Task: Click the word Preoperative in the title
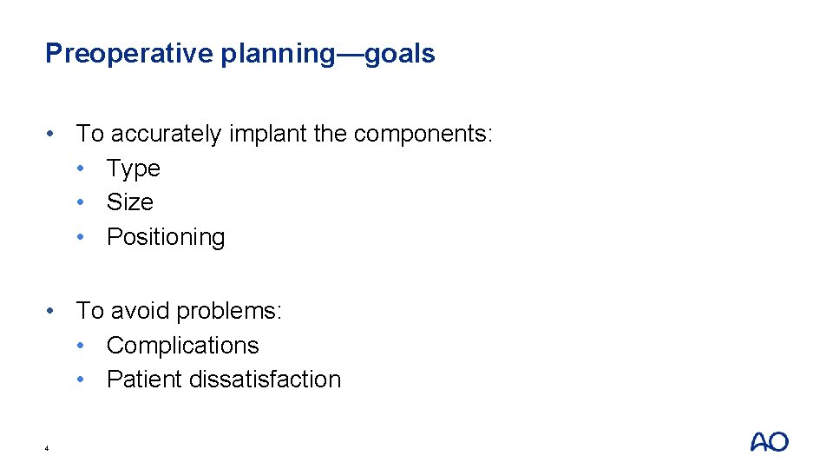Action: pyautogui.click(x=128, y=54)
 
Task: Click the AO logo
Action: pyautogui.click(x=769, y=442)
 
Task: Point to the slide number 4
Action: pyautogui.click(x=47, y=448)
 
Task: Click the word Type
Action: pyautogui.click(x=134, y=168)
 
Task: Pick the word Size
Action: pyautogui.click(x=130, y=202)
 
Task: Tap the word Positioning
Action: pyautogui.click(x=166, y=237)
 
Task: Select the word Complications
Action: pyautogui.click(x=183, y=346)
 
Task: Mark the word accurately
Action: pyautogui.click(x=167, y=135)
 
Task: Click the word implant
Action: pyautogui.click(x=257, y=135)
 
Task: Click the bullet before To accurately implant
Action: pyautogui.click(x=54, y=135)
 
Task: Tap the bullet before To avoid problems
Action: pyautogui.click(x=54, y=311)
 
